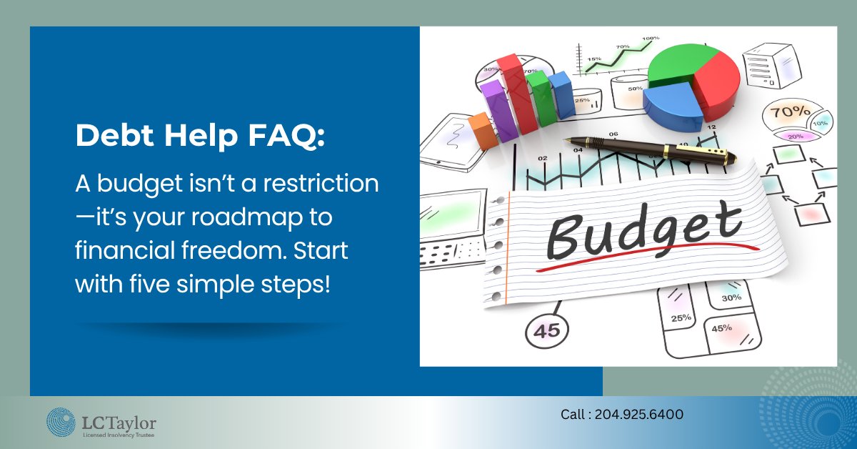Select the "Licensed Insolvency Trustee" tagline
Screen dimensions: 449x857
coord(117,434)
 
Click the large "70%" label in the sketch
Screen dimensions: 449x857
coord(786,112)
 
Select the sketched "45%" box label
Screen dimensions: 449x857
coord(721,328)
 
